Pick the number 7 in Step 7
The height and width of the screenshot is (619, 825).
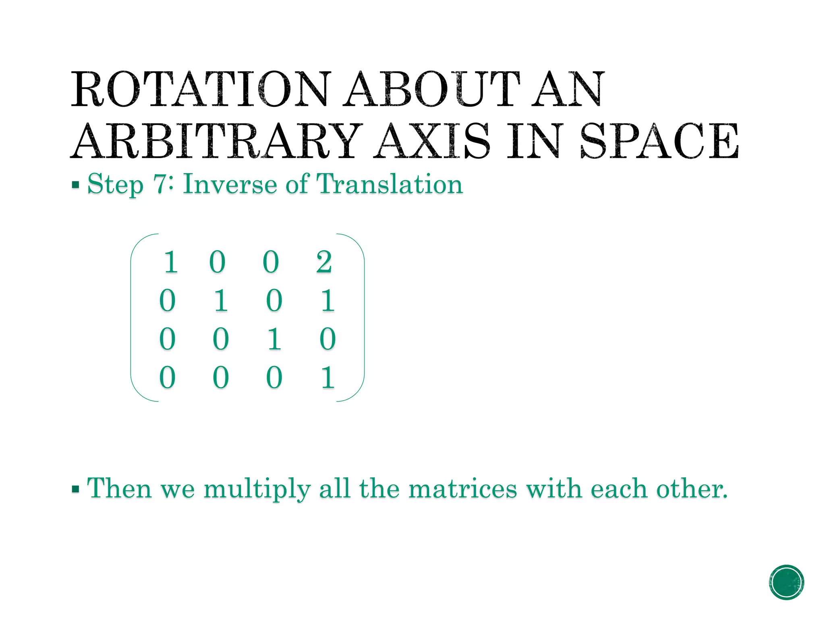pyautogui.click(x=160, y=184)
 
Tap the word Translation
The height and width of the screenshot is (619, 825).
pyautogui.click(x=390, y=184)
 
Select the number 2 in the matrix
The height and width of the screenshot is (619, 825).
pyautogui.click(x=324, y=262)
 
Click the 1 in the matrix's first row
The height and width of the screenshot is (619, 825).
pyautogui.click(x=171, y=262)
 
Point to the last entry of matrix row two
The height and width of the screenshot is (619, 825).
pyautogui.click(x=328, y=301)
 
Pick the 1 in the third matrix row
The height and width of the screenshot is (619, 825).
pyautogui.click(x=274, y=339)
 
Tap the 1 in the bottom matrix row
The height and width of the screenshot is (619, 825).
pyautogui.click(x=328, y=378)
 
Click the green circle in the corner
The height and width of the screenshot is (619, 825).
pyautogui.click(x=786, y=582)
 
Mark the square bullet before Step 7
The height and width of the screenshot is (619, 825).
pyautogui.click(x=75, y=185)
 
